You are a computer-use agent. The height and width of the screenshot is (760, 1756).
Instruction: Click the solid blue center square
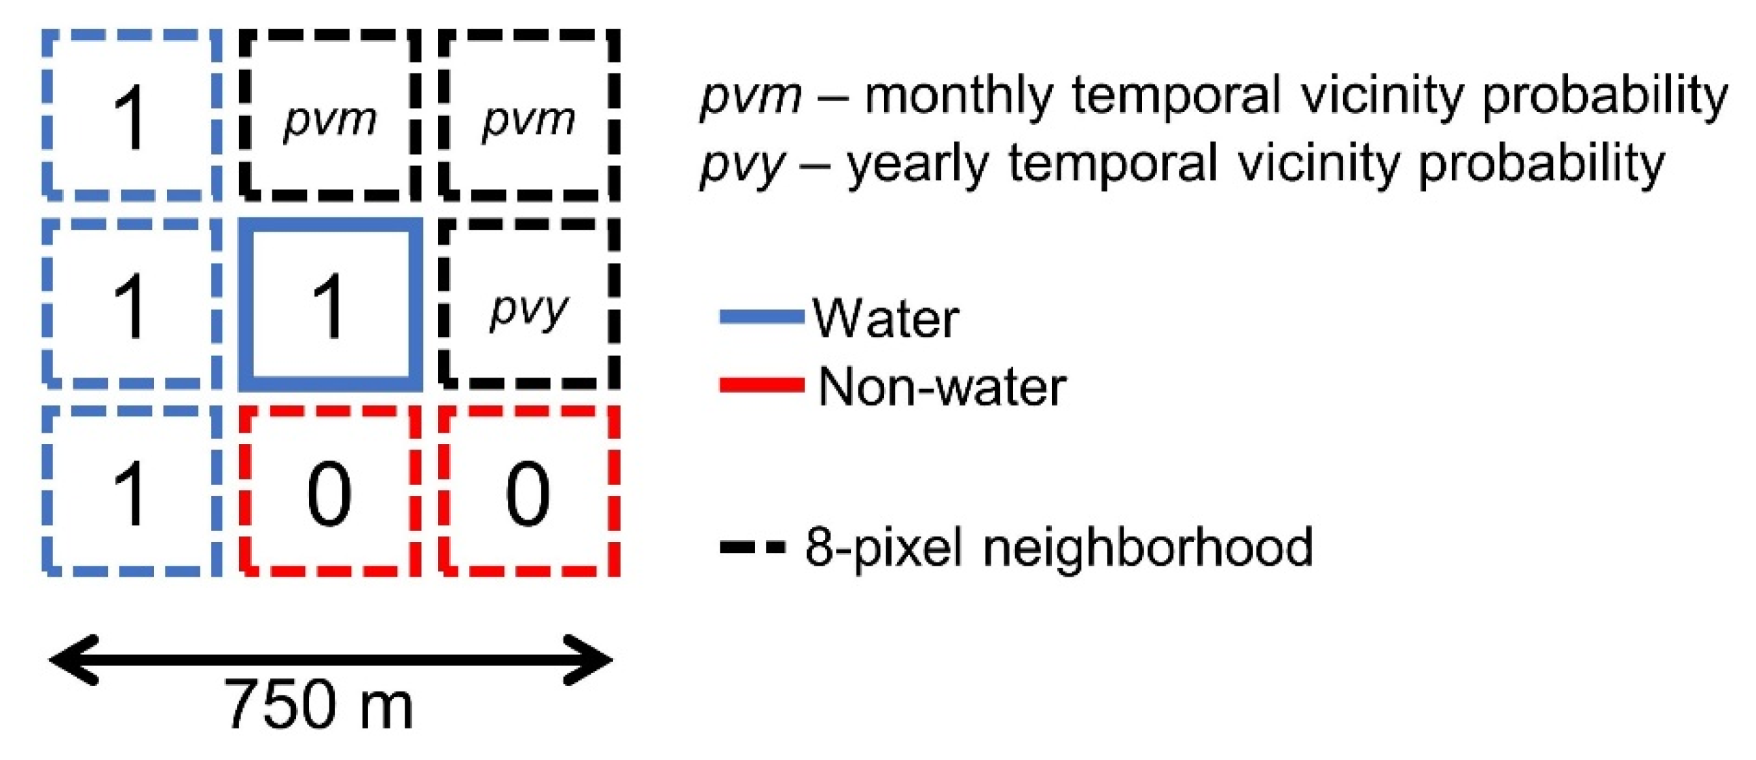point(330,305)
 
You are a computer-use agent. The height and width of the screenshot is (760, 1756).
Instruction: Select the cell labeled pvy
point(529,305)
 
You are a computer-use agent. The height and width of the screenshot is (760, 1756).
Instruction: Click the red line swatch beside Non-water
point(761,385)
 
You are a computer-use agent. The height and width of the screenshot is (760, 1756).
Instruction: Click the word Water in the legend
point(885,319)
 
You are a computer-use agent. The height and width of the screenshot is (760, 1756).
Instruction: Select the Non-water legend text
point(941,386)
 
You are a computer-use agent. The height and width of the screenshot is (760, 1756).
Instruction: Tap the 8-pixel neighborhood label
point(1059,547)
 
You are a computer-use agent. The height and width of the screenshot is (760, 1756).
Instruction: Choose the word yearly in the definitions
point(917,164)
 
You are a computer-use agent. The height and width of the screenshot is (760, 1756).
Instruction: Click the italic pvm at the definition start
point(750,97)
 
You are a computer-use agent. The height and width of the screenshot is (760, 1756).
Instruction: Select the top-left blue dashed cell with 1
point(132,116)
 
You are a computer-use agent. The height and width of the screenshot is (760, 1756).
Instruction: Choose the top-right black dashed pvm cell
point(529,116)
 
